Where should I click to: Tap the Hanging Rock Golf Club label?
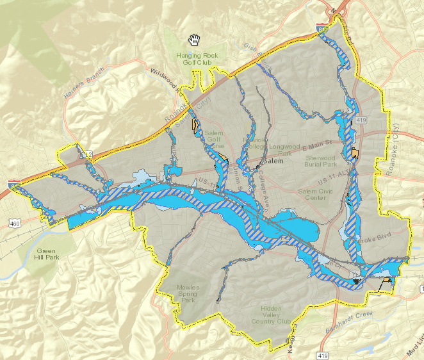pyautogui.click(x=198, y=60)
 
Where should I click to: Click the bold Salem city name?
pyautogui.click(x=273, y=161)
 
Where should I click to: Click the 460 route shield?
pyautogui.click(x=13, y=222)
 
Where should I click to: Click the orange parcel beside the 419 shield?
pyautogui.click(x=355, y=152)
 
